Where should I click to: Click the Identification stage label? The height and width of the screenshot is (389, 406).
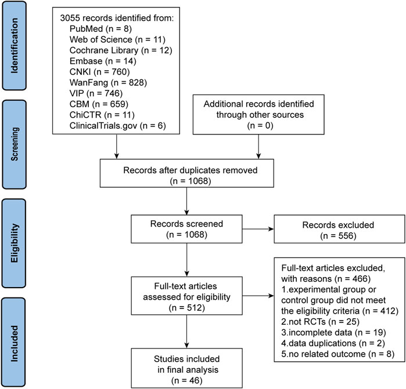(x=15, y=45)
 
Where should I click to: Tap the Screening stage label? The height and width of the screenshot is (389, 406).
(x=15, y=144)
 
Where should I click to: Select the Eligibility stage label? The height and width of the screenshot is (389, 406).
(x=15, y=243)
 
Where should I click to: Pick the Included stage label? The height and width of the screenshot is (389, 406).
(x=15, y=342)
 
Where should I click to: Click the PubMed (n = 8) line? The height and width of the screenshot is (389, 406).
(x=100, y=28)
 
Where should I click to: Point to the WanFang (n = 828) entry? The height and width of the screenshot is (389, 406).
(x=108, y=83)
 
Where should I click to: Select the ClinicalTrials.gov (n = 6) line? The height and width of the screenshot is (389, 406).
(x=117, y=126)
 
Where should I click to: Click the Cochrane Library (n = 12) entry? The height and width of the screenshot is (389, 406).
(x=121, y=50)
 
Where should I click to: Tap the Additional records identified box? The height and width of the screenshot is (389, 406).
(x=258, y=115)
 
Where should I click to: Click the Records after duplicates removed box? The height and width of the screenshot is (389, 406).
(x=186, y=173)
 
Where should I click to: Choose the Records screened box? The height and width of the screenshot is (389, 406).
(x=186, y=229)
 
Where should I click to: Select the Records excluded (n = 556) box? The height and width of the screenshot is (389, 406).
(x=339, y=229)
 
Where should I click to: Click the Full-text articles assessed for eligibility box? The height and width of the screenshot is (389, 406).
(x=186, y=296)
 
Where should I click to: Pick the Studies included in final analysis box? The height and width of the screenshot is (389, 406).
(x=186, y=368)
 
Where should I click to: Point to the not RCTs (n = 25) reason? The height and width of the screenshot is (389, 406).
(x=320, y=322)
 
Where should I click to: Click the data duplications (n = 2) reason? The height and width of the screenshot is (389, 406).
(x=333, y=343)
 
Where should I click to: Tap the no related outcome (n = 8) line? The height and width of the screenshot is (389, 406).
(x=337, y=354)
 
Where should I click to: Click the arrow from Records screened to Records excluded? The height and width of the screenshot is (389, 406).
(x=258, y=229)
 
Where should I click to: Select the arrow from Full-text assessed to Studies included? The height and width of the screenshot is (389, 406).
(x=186, y=332)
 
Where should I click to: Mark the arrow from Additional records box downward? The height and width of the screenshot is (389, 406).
(x=258, y=147)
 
